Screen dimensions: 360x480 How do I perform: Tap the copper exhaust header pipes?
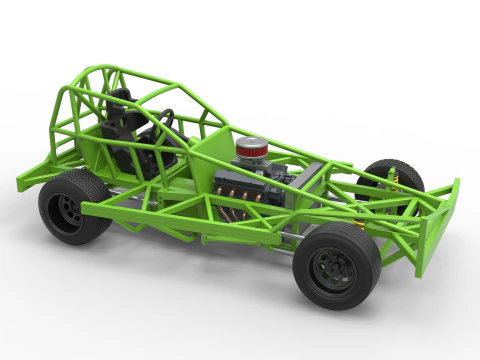236,196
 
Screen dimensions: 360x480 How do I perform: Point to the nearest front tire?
336,266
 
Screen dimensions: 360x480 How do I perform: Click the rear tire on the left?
73,206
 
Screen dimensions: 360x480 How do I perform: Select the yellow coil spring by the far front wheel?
393,180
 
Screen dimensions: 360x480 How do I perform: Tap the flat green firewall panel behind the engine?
212,154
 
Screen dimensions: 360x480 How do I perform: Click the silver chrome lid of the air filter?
252,143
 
